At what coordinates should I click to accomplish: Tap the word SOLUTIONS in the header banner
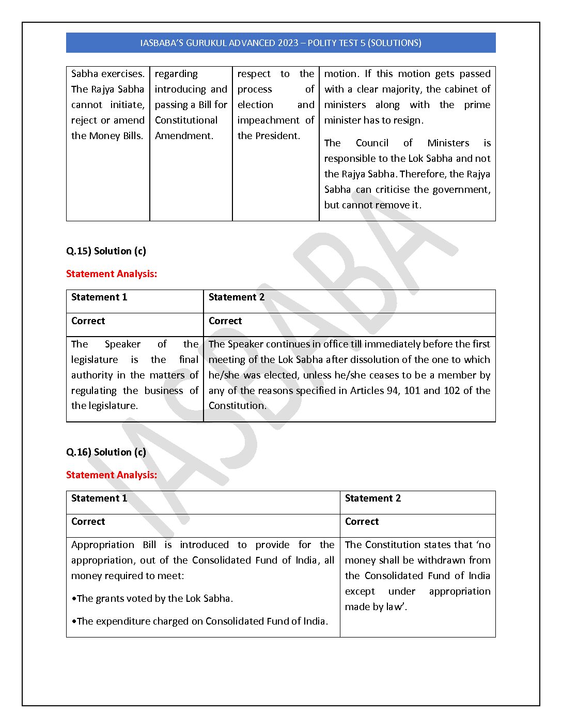tap(394, 43)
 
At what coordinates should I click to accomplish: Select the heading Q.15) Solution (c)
tap(106, 251)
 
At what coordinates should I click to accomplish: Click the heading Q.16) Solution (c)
tap(106, 452)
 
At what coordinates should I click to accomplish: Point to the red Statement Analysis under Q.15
tap(112, 274)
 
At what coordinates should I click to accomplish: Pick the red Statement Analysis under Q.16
tap(112, 475)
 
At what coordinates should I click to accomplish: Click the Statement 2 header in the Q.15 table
tap(236, 297)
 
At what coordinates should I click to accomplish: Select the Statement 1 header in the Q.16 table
tap(99, 498)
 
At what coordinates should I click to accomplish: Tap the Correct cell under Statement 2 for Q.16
tap(362, 522)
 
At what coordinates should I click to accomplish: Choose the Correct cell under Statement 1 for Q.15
tap(88, 321)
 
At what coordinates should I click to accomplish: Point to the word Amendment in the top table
tap(183, 136)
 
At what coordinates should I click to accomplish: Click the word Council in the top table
tap(372, 143)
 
